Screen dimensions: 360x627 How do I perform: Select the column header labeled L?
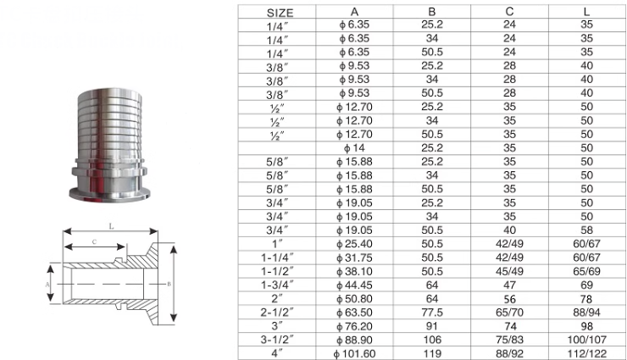tap(586, 13)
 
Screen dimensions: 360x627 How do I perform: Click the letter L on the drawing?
tap(112, 226)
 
